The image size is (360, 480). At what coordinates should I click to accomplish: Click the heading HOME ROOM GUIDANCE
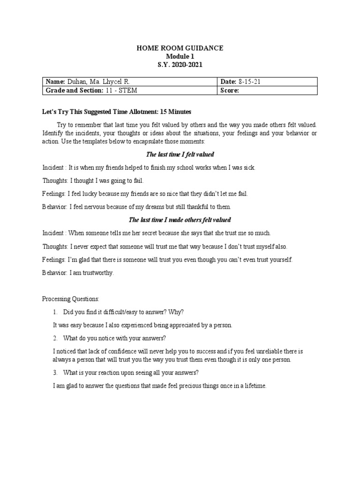pos(180,48)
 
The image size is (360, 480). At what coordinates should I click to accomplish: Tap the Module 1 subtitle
pos(180,56)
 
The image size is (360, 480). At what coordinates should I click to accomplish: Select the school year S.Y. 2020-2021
pos(180,64)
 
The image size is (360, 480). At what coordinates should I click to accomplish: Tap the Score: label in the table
pos(230,90)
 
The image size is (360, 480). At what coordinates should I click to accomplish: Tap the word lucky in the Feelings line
pos(88,194)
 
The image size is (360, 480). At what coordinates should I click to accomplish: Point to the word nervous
pos(97,207)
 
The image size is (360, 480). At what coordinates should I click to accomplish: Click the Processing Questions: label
pos(71,299)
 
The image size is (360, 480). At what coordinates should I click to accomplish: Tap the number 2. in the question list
pos(55,338)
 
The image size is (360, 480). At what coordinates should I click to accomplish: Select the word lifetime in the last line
pos(254,386)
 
